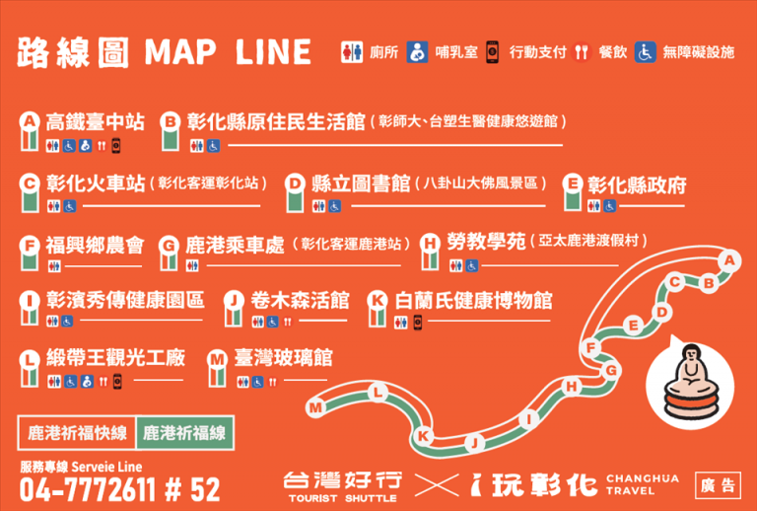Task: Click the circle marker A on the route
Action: pos(729,260)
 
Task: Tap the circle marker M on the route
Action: pos(315,408)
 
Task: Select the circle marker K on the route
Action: pos(424,436)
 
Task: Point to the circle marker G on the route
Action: pos(611,371)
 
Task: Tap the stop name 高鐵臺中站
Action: pos(95,122)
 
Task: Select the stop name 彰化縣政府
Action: pos(637,185)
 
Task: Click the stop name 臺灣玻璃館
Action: pos(283,358)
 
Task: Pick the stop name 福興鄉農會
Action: pos(95,246)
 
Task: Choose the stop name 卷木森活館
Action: pos(300,301)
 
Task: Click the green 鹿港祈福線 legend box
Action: pos(185,432)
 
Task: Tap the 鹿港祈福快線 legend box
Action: pos(77,432)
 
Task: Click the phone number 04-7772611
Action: pos(88,489)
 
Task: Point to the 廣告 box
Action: pos(718,485)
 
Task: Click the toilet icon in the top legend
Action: pos(352,52)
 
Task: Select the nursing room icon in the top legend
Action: pos(417,52)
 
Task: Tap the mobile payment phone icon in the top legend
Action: pos(492,52)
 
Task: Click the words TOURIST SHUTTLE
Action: pos(342,498)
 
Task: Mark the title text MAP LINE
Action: pos(228,52)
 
